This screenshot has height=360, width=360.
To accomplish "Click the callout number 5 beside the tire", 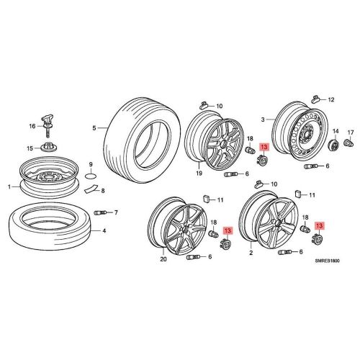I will tap(93, 129).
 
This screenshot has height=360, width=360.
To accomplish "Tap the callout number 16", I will tap(32, 125).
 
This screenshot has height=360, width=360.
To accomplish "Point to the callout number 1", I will tap(9, 186).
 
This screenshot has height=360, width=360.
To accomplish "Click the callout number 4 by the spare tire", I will tap(104, 231).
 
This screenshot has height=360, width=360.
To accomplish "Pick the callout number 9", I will tap(91, 164).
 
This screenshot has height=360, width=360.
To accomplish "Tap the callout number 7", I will tap(115, 212).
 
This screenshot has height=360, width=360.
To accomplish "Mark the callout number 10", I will tap(220, 106).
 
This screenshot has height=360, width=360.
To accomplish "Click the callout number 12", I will tap(333, 99).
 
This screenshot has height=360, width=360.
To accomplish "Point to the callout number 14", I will tap(336, 132).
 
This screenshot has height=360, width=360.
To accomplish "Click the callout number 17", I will tap(352, 132).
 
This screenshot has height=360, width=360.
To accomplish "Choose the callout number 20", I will tap(163, 260).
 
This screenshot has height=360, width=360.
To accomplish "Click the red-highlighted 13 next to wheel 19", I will tap(264, 147).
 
